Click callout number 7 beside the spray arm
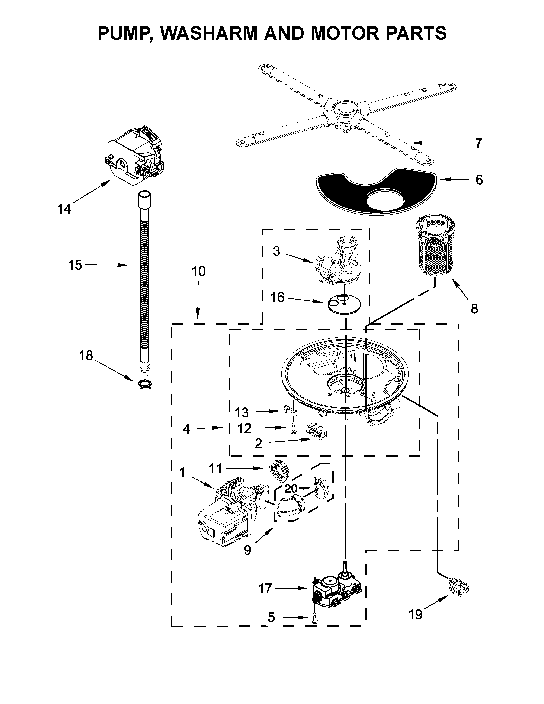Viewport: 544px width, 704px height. click(479, 143)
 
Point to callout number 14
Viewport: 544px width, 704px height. click(64, 209)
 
